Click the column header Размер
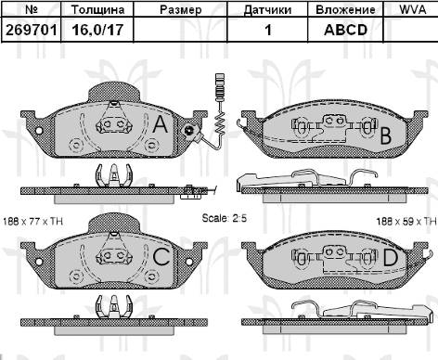click(x=180, y=9)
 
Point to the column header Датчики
click(x=267, y=9)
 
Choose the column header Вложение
click(x=344, y=9)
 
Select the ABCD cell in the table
click(x=344, y=30)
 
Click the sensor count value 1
click(x=267, y=30)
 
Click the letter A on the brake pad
click(x=160, y=124)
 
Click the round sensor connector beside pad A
click(x=188, y=131)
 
